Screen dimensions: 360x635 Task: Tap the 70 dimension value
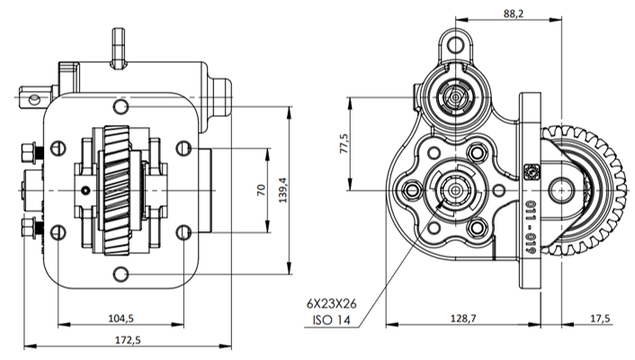coord(262,191)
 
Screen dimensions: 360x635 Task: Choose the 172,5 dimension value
coord(127,339)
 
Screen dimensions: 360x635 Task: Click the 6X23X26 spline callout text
coord(331,303)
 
